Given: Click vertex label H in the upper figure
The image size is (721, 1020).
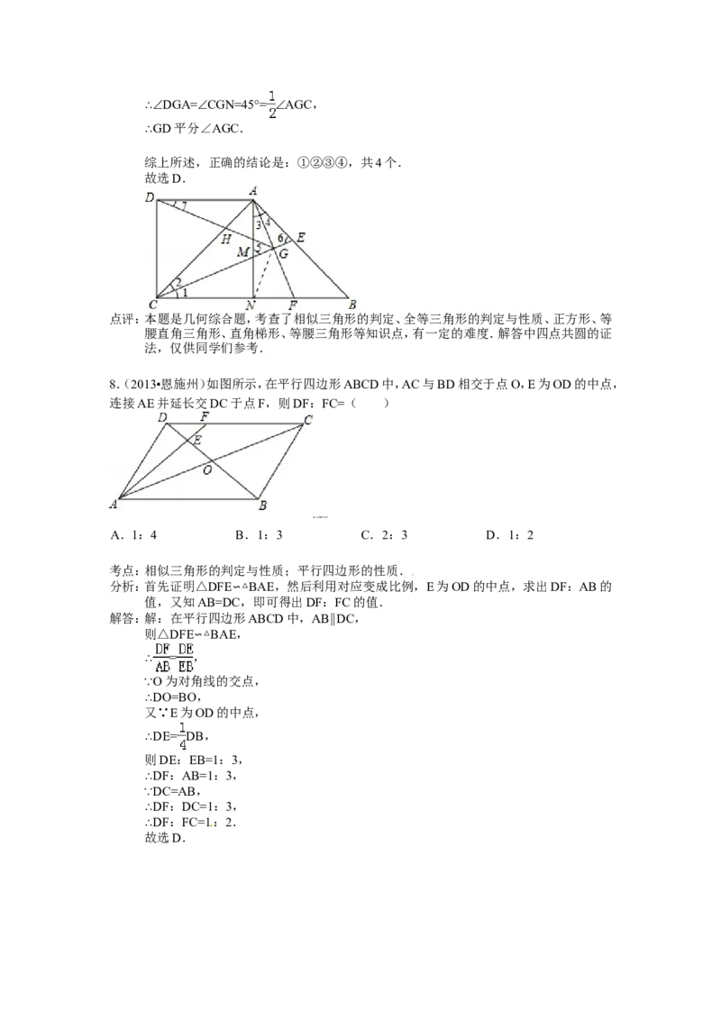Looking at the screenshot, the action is click(226, 239).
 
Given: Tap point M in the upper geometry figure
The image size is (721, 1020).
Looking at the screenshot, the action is click(242, 251).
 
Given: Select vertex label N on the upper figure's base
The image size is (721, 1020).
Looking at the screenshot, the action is click(251, 305).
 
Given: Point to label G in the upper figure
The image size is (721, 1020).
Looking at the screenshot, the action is click(284, 254).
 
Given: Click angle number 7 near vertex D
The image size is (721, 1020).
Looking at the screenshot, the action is click(184, 207).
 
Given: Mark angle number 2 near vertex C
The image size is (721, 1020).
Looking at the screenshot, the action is click(175, 283).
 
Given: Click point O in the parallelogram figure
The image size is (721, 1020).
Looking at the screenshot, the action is click(207, 469).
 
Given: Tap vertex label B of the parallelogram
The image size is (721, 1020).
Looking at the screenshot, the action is click(263, 505).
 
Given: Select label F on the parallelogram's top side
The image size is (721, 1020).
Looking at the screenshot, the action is click(205, 417).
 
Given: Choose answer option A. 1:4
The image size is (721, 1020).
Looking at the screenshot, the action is click(134, 535).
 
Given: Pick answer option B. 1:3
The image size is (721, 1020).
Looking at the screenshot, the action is click(259, 535).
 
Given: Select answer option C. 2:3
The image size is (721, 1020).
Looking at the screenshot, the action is click(384, 535).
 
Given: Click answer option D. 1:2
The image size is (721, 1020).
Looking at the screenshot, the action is click(509, 535).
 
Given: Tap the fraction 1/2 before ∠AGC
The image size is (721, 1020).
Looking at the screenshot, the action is click(272, 105).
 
